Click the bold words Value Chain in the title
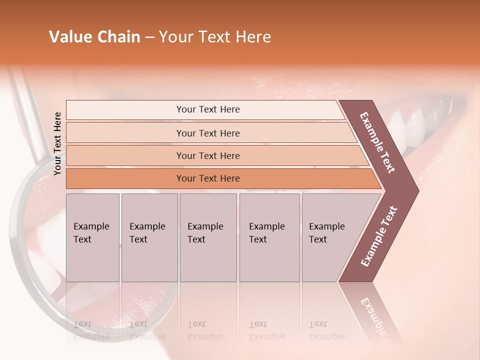94,37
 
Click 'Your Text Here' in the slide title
215,37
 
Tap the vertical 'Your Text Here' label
57,143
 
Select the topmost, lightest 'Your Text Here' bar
207,109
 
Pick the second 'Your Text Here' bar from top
207,133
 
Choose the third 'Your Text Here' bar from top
207,155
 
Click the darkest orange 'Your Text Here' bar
207,178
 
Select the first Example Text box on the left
92,237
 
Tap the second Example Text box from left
149,237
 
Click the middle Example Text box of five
208,237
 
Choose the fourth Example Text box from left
269,237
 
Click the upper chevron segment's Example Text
377,142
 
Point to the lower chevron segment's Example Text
378,236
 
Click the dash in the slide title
149,37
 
